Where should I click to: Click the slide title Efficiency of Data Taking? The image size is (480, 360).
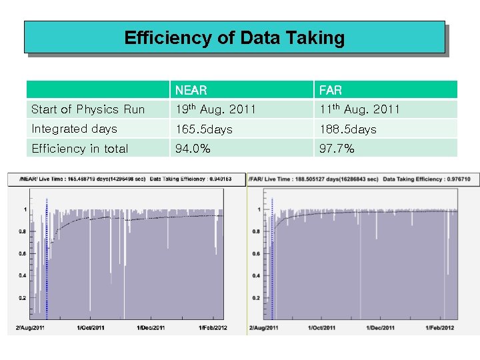(234, 37)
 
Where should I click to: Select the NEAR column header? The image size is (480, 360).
(191, 90)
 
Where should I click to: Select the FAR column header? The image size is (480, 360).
(331, 90)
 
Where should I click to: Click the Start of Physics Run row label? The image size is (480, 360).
(88, 109)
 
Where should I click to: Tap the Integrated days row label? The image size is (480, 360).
(74, 129)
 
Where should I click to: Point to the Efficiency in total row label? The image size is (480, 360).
(80, 149)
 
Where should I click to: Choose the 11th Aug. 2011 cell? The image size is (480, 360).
(359, 109)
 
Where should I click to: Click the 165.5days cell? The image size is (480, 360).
(203, 129)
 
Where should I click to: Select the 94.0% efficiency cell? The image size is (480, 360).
(193, 149)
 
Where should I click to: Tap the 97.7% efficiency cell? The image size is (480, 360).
(337, 149)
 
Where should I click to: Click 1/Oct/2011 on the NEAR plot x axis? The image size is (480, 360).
(91, 328)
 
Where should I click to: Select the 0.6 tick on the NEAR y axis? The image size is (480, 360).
(21, 253)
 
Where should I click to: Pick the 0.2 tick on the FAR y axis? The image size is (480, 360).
(256, 298)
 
